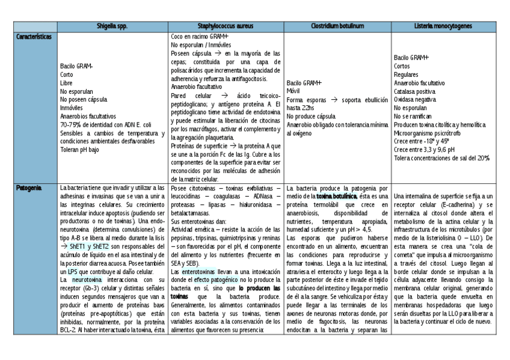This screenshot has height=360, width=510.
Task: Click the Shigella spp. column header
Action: [112, 27]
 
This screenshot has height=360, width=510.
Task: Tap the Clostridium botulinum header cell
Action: [337, 27]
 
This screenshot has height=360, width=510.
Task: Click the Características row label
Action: [34, 37]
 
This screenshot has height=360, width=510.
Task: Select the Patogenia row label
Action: [29, 188]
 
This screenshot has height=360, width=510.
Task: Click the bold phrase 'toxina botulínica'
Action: [337, 197]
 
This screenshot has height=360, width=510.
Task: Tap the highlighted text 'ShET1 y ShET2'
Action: [89, 246]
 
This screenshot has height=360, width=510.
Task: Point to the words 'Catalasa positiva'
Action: [415, 91]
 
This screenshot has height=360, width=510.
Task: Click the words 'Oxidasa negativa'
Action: [415, 100]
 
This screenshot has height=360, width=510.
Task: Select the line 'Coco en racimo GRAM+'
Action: [200, 37]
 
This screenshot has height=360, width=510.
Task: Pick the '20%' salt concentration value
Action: [483, 158]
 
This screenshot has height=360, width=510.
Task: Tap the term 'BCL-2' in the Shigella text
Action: [68, 331]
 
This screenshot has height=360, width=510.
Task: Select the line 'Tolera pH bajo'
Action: [79, 150]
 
